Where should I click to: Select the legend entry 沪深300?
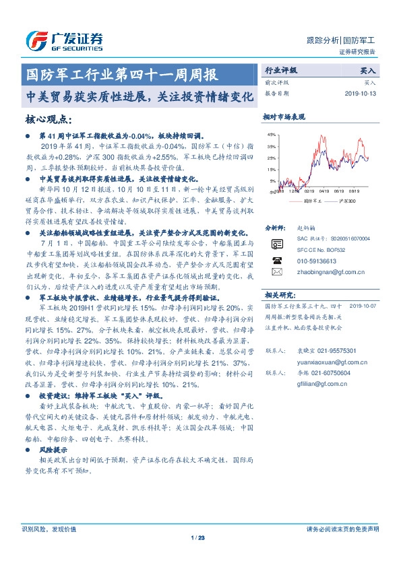348,201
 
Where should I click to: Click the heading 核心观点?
48,120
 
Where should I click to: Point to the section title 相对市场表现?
284,117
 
